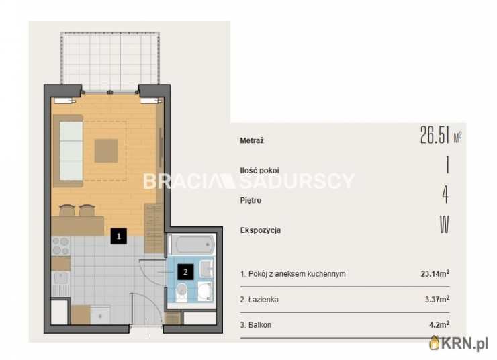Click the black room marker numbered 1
[x=119, y=236]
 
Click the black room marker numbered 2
[x=185, y=271]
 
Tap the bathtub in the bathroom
[x=191, y=244]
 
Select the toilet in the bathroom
[x=181, y=292]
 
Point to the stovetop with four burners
[x=60, y=246]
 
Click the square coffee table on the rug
[x=106, y=151]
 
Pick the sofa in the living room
[x=68, y=151]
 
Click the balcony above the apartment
[x=110, y=61]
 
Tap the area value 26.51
[x=435, y=135]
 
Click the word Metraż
[x=252, y=140]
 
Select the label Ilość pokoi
[x=260, y=170]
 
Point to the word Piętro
[x=251, y=200]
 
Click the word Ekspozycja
[x=261, y=230]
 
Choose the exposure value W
[x=445, y=224]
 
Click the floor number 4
[x=445, y=194]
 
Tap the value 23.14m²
[x=435, y=273]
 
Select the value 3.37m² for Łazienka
[x=437, y=299]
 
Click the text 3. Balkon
[x=256, y=325]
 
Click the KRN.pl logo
[x=459, y=343]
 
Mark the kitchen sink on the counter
[x=60, y=278]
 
